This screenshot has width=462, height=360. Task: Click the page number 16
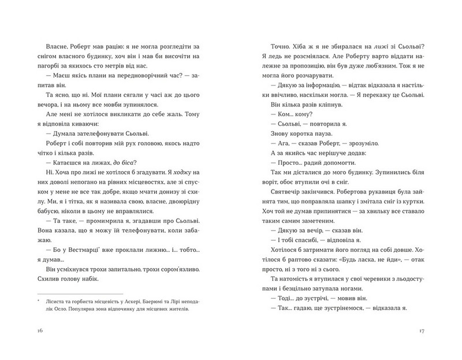pyautogui.click(x=39, y=331)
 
